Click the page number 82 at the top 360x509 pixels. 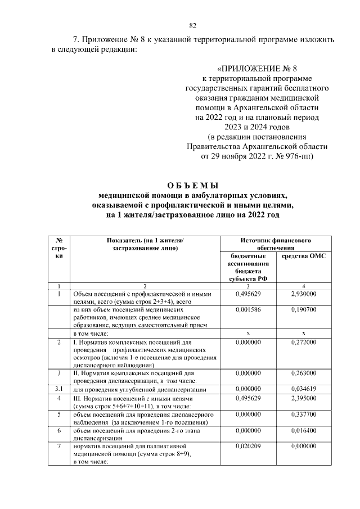(193, 25)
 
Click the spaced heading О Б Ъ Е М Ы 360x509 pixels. (193, 185)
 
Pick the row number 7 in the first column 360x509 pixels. (59, 446)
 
